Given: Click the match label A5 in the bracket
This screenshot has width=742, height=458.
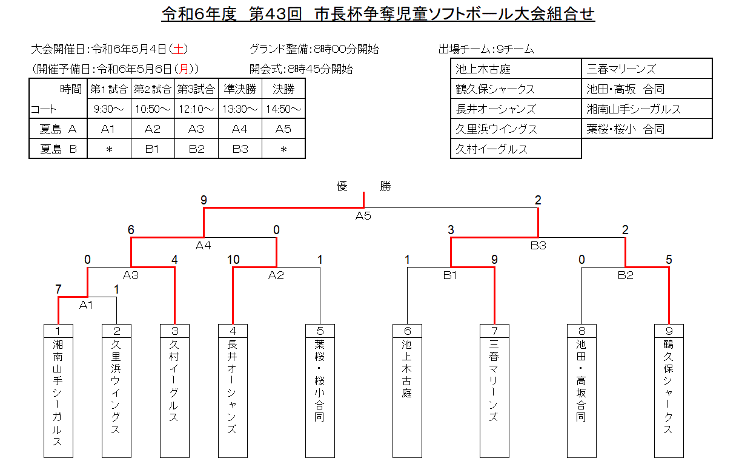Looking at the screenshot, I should (363, 216).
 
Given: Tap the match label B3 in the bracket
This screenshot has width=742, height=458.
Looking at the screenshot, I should (538, 246).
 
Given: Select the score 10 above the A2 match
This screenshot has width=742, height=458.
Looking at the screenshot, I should (233, 260).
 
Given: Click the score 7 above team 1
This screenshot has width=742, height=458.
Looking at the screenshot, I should (58, 289).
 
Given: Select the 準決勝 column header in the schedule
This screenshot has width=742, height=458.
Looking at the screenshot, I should (240, 90).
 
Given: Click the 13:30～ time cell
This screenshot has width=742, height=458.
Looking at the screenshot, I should (240, 109).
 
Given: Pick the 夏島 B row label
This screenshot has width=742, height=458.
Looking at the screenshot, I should (59, 149).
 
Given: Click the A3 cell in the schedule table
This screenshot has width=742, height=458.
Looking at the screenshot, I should (196, 129).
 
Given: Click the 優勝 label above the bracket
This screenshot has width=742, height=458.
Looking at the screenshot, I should (363, 186).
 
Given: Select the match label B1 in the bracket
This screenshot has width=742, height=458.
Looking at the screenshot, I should (450, 275).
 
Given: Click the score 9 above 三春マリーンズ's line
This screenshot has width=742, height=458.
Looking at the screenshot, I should (495, 260).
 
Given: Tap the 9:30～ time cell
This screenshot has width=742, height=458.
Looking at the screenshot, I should (109, 109).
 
